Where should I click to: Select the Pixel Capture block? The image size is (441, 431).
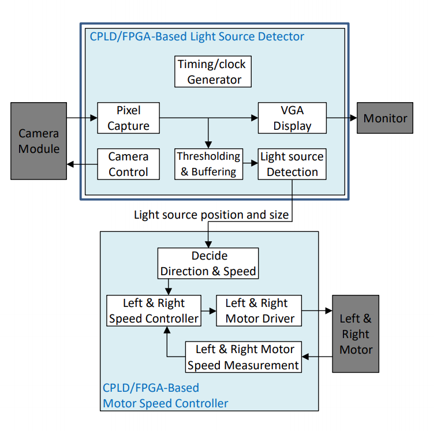128,118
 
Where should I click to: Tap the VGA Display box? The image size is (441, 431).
292,118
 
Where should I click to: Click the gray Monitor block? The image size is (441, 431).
385,118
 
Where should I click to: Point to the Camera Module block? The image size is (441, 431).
39,141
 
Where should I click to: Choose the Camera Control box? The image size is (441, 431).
128,164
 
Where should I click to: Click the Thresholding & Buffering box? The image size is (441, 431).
208,164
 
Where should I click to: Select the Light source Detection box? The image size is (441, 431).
292,164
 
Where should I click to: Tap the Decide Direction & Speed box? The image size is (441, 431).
208,263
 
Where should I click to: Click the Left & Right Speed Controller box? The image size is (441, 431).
154,310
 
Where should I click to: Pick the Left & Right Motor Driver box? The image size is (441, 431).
260,310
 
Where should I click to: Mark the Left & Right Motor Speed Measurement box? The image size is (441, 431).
244,357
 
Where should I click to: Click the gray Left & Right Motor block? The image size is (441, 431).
356,333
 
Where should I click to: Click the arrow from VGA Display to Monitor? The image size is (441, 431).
342,118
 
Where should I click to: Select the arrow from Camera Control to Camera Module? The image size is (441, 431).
81,164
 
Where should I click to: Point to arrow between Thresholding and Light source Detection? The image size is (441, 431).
249,164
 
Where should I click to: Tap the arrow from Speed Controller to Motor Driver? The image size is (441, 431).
208,310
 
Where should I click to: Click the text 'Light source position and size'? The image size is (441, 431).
211,215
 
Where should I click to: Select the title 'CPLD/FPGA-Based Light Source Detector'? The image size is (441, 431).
197,37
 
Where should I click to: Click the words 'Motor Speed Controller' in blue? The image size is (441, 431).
166,403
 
